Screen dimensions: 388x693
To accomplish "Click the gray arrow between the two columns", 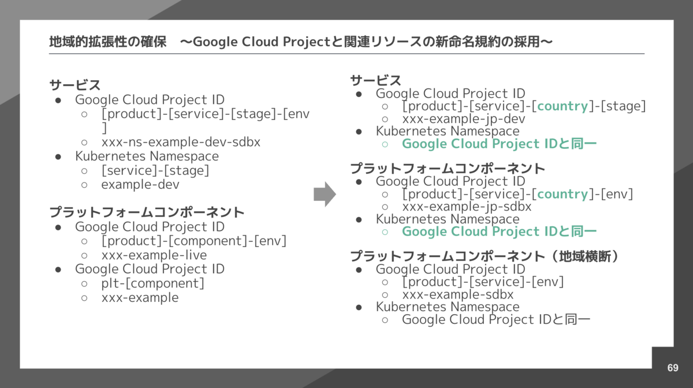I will [x=325, y=194].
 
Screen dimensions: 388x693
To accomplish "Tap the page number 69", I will [x=673, y=368].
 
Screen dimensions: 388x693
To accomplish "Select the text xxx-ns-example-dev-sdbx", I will [x=181, y=142].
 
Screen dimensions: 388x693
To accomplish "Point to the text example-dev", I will [x=140, y=185].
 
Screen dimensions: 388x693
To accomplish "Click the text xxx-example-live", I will [x=154, y=255].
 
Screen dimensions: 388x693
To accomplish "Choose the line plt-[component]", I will [x=153, y=283].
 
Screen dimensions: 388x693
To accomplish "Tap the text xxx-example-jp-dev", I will [x=464, y=119].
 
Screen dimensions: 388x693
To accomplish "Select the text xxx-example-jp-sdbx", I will [x=467, y=207].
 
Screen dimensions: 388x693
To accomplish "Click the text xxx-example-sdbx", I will [x=458, y=294].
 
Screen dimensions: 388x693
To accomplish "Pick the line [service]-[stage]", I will [x=155, y=171].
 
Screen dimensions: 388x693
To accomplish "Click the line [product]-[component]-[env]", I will [x=194, y=241].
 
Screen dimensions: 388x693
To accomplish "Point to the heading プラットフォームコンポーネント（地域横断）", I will [x=485, y=256].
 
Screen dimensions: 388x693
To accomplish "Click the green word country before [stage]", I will [x=562, y=106].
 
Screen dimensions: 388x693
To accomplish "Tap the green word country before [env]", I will [x=562, y=194].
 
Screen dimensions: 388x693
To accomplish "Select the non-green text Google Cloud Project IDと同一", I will [x=496, y=319].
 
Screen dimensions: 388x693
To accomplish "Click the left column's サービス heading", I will [x=75, y=85].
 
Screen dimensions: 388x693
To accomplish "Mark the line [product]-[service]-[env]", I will [x=483, y=282].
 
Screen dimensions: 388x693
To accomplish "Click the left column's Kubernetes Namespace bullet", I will [x=147, y=156].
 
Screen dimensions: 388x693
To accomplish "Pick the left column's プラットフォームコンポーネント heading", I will [x=147, y=212].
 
